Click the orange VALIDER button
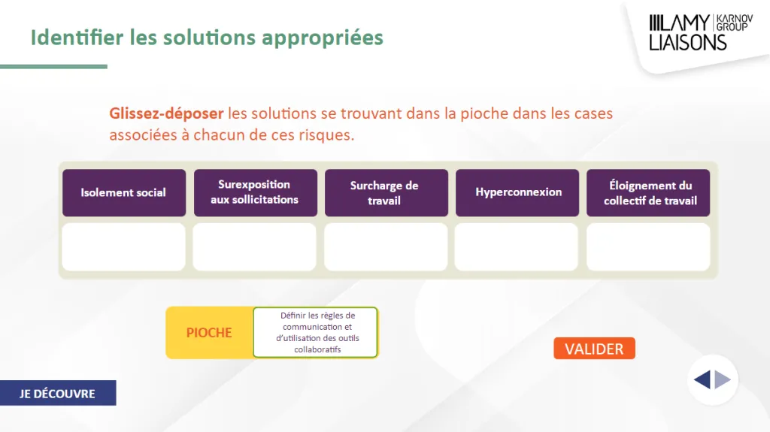point(594,349)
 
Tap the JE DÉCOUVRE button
point(58,393)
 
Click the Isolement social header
point(124,193)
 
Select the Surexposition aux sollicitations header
point(256,193)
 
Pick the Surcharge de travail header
point(387,193)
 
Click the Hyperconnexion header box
point(517,193)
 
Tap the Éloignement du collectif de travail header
point(648,193)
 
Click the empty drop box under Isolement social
point(124,247)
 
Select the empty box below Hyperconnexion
point(517,247)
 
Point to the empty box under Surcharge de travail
point(386,247)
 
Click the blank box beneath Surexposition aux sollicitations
point(254,247)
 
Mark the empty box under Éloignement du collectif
point(648,247)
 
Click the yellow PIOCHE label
point(209,333)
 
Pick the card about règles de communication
point(315,332)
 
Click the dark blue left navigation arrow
point(702,379)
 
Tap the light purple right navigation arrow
point(723,379)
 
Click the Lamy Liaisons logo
point(701,32)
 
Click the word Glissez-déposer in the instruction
point(166,113)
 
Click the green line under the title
point(53,66)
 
